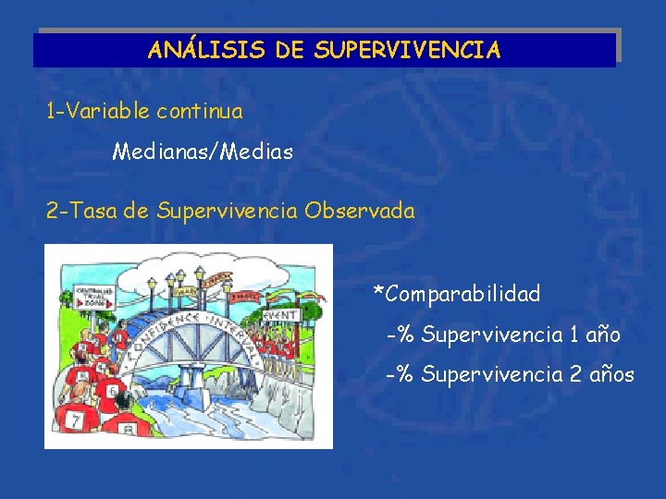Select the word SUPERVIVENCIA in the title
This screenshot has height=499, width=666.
click(407, 50)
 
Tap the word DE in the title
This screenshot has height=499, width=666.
click(288, 50)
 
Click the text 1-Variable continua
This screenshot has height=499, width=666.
click(144, 112)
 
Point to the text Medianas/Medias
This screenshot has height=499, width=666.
click(203, 151)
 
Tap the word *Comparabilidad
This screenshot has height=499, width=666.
click(456, 294)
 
